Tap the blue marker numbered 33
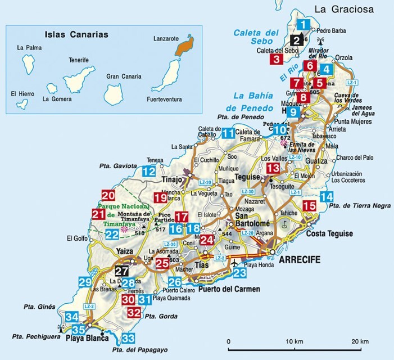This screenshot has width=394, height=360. [128, 338]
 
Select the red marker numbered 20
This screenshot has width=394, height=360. [108, 196]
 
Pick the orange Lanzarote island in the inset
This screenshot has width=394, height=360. [183, 45]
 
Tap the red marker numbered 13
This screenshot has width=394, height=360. [273, 168]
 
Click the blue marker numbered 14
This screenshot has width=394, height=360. [326, 196]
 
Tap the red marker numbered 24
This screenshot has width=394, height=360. [207, 240]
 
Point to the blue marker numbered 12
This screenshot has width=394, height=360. [149, 172]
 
